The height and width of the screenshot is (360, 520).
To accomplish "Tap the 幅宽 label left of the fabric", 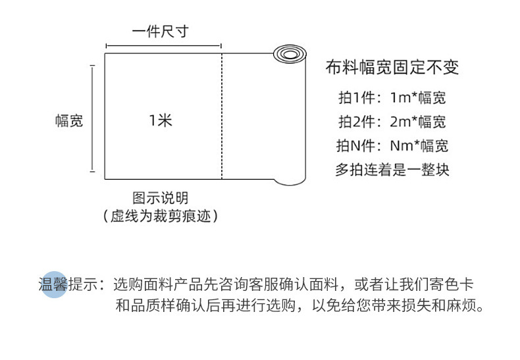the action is click(69, 121).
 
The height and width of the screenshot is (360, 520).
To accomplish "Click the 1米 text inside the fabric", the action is click(160, 120).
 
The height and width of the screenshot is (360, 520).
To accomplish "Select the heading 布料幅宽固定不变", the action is click(392, 67).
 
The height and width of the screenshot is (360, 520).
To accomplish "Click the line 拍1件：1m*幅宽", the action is click(392, 98).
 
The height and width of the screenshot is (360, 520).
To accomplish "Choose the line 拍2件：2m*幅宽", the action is click(392, 122).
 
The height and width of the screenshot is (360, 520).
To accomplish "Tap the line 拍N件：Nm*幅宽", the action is click(392, 145).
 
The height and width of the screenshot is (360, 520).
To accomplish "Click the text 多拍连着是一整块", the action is click(392, 169).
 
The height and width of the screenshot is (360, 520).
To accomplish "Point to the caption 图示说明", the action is click(160, 197).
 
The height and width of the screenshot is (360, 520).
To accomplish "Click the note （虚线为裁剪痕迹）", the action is click(160, 216).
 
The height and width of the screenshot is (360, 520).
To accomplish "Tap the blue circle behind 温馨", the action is click(55, 284).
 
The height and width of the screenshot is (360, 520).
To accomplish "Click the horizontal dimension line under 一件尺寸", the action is click(163, 46).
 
